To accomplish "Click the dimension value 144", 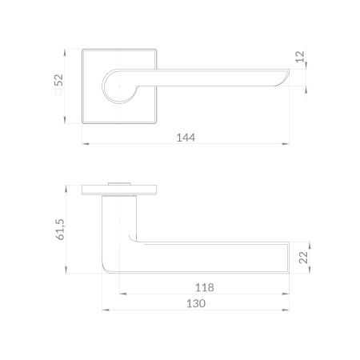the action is (x=186, y=138).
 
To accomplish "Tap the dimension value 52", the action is (x=58, y=80).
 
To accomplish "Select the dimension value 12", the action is (x=300, y=57).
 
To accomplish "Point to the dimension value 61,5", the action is (x=60, y=230).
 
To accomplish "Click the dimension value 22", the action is (x=303, y=258).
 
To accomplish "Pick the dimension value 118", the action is (x=205, y=287).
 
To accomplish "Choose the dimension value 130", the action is (x=196, y=303).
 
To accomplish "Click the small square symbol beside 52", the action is (x=58, y=92).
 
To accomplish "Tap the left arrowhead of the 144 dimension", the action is (x=86, y=144).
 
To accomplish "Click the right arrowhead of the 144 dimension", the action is (x=286, y=144).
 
